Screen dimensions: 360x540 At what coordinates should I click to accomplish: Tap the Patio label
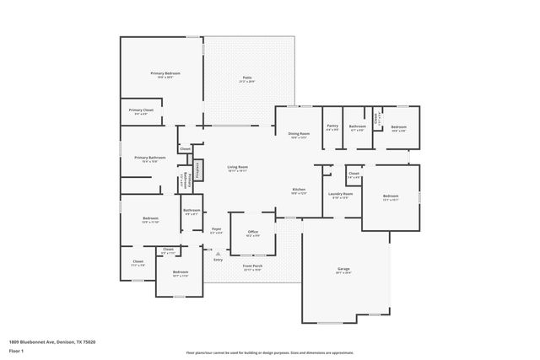[x=247, y=79]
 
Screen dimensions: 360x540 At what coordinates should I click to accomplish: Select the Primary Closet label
[x=141, y=111]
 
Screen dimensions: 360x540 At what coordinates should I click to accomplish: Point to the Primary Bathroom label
[x=149, y=159]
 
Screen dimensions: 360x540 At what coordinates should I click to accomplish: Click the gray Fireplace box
[x=199, y=170]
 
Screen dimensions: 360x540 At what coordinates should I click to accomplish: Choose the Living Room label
[x=237, y=168]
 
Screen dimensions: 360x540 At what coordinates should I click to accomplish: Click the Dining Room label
[x=300, y=134]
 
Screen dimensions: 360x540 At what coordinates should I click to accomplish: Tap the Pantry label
[x=332, y=127]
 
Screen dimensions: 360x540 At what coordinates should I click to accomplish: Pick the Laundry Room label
[x=341, y=195]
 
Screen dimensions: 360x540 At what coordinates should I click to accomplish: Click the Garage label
[x=343, y=270]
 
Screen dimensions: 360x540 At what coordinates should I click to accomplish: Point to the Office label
[x=252, y=233]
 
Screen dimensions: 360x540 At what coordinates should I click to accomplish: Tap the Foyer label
[x=217, y=229]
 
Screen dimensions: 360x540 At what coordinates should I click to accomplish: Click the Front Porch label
[x=252, y=267]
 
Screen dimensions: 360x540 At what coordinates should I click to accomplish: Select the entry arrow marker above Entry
[x=218, y=253]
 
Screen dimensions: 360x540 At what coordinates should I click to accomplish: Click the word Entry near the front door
[x=218, y=260]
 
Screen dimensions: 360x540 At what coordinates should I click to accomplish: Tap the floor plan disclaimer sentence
[x=269, y=352]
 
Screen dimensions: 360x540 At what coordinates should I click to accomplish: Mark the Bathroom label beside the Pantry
[x=357, y=128]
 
